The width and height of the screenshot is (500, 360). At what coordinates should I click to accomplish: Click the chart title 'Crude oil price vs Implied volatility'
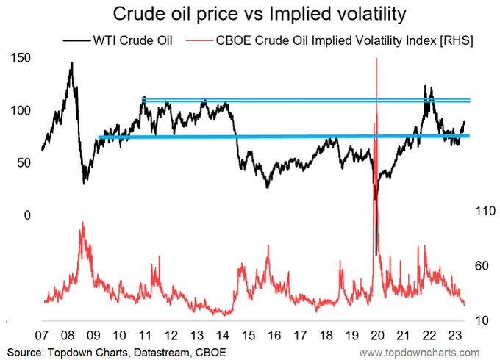point(250,14)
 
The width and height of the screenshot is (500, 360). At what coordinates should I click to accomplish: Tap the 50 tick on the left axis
point(24,162)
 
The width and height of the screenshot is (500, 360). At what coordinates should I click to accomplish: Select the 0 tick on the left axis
point(29,215)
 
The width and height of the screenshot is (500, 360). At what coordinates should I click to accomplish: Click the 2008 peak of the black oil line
point(71,64)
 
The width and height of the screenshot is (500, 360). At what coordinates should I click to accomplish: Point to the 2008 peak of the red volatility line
point(83,223)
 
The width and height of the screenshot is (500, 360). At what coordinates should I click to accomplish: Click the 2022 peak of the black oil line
point(425,87)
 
